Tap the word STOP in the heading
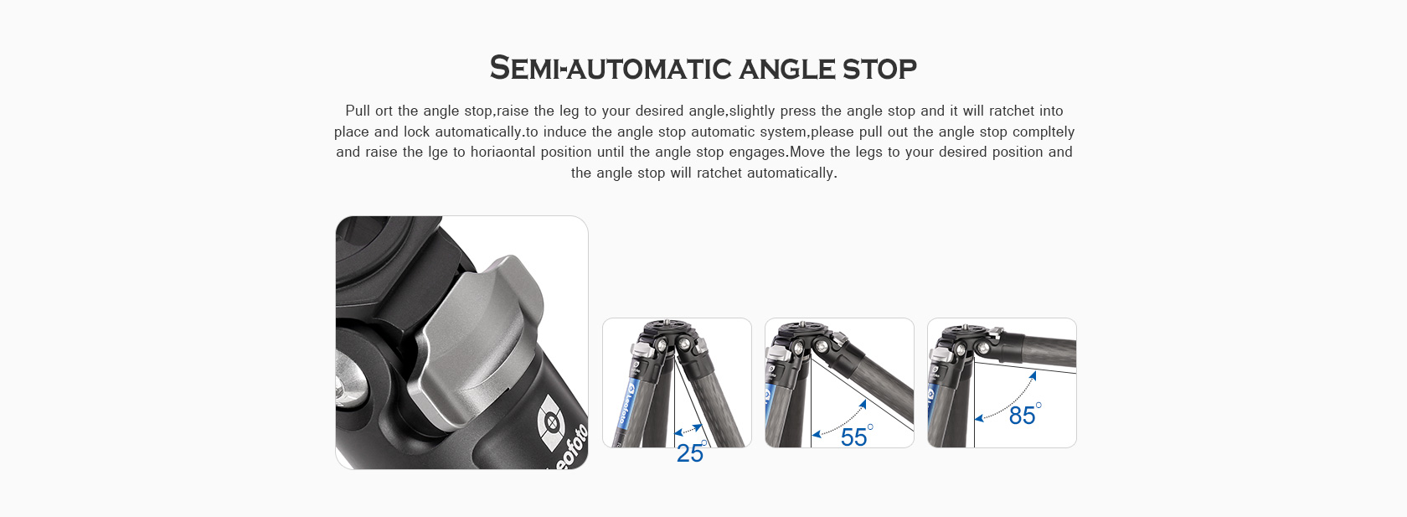point(879,69)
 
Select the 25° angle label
point(691,453)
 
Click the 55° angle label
point(856,436)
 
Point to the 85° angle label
point(1024,415)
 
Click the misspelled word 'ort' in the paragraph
point(384,111)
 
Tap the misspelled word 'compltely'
point(1044,132)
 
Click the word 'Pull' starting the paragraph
point(358,111)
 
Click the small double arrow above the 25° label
point(688,431)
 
